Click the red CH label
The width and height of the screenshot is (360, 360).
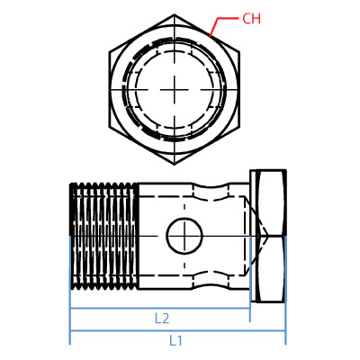point(251,19)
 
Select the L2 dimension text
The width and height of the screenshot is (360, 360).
point(162,318)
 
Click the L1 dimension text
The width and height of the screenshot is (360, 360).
point(176,341)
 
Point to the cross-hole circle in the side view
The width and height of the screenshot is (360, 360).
point(184,237)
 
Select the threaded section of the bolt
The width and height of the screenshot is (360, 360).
point(103,236)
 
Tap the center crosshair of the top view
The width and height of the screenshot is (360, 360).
point(175,89)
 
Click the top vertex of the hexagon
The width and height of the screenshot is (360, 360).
point(175,15)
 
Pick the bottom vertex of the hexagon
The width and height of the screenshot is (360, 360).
point(175,165)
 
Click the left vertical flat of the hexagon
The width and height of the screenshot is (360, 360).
point(110,89)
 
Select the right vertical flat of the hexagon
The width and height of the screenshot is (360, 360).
point(239,89)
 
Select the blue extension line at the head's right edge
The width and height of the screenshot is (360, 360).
point(285,319)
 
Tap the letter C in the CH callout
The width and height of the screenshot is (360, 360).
point(246,19)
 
